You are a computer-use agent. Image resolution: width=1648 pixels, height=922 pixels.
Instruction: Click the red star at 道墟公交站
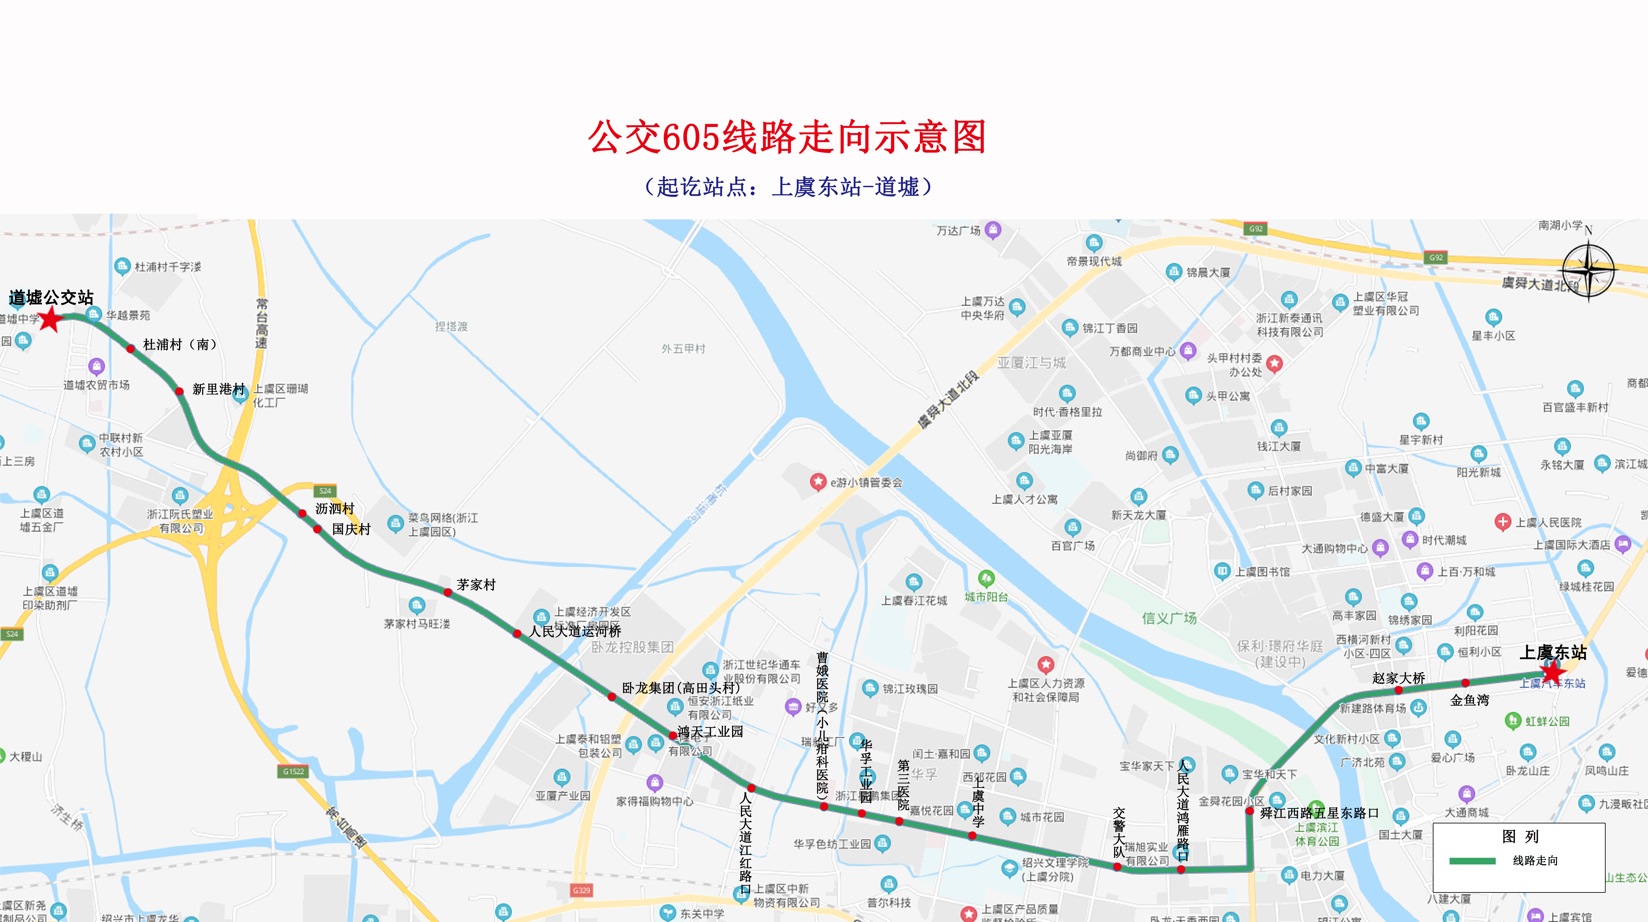point(50,319)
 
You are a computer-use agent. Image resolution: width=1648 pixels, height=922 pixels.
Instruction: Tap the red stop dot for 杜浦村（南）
point(130,349)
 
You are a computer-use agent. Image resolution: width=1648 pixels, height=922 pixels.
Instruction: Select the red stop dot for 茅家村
point(448,593)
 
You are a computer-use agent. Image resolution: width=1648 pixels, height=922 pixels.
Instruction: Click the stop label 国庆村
point(351,529)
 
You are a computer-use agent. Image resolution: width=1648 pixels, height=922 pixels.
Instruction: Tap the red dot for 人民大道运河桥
point(517,633)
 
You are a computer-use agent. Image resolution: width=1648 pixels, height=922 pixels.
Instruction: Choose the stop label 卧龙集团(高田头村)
point(681,688)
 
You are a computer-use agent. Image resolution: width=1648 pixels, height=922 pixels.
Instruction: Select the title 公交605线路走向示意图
point(787,137)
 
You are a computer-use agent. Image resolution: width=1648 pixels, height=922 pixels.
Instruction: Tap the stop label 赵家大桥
point(1398,678)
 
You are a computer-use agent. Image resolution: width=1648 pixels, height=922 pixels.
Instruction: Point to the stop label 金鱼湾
point(1469,700)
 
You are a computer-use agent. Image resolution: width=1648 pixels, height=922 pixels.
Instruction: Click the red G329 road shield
point(581,890)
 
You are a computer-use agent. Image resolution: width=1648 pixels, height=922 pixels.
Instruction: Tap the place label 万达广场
point(958,230)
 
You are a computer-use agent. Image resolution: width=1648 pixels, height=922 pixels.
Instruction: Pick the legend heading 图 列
point(1520,836)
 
